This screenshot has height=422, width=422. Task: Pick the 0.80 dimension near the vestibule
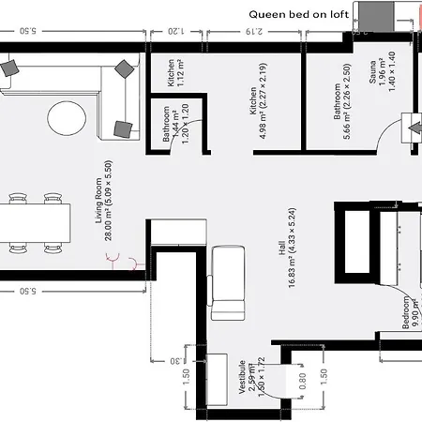click(302, 382)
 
